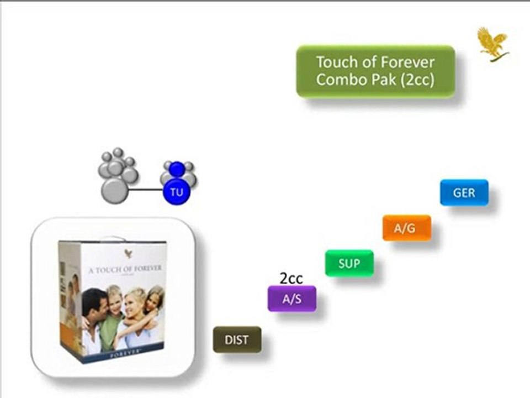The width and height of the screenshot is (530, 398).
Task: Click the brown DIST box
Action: tap(237, 339)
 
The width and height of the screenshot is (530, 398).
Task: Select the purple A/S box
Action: tap(292, 298)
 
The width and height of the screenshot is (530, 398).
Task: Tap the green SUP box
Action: tap(349, 263)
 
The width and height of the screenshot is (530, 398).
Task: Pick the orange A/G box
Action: tap(407, 228)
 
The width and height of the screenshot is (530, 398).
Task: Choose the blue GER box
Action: tap(464, 192)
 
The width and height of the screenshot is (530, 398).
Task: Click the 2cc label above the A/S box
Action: tap(291, 278)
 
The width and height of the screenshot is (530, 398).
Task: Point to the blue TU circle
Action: tap(177, 192)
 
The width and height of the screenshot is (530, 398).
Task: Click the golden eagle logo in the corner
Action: tap(493, 45)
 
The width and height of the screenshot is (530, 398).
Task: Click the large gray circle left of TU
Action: tap(115, 190)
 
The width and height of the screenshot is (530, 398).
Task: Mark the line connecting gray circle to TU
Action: tap(146, 190)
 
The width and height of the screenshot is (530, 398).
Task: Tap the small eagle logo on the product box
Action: tap(128, 254)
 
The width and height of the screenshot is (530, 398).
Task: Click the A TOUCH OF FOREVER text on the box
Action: tap(125, 269)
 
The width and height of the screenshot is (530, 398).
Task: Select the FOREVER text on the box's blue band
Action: tap(125, 352)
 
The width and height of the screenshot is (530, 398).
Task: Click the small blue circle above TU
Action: tap(177, 169)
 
